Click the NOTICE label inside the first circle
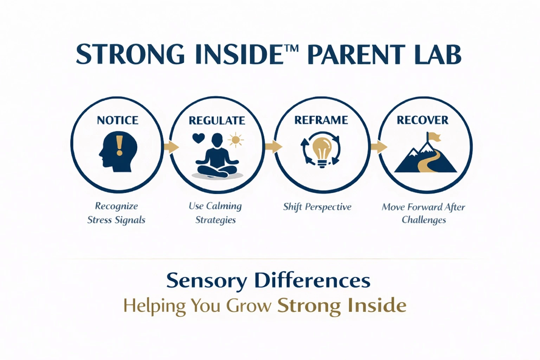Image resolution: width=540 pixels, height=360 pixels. (x=118, y=120)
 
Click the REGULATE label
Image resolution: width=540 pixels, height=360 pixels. (x=217, y=121)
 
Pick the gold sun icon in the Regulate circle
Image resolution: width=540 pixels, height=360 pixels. (x=236, y=140)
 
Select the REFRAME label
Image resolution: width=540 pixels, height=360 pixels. (x=321, y=120)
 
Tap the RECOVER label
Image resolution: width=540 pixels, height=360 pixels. (x=423, y=120)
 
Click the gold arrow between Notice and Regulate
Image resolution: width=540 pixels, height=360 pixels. (x=172, y=147)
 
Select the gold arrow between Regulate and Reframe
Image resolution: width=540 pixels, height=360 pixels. (x=274, y=146)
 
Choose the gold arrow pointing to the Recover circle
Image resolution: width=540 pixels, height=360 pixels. (x=379, y=147)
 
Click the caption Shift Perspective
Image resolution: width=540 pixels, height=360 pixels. (x=317, y=207)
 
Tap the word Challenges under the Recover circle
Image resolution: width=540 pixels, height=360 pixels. (x=424, y=220)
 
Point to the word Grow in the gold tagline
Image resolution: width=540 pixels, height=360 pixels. (x=249, y=306)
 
